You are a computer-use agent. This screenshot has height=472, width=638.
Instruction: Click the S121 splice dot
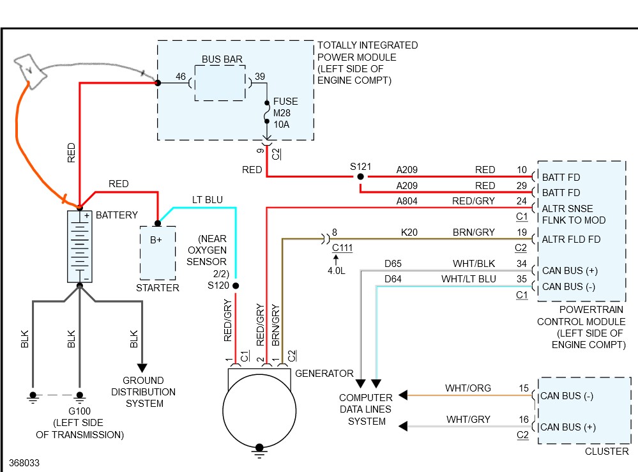coord(360,176)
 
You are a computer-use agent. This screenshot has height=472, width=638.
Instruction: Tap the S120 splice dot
coord(236,285)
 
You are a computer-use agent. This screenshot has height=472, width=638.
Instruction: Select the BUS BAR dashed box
coord(220,83)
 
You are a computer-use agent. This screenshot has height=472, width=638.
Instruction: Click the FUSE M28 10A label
coord(285,112)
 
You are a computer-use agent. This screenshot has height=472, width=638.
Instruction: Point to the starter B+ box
coord(158,253)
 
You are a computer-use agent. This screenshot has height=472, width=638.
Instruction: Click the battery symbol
coord(80,246)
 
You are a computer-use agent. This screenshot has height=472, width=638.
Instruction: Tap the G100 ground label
coord(79,411)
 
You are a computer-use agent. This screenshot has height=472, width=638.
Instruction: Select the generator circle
coord(259,411)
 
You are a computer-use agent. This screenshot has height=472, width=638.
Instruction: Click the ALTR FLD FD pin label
coord(571,240)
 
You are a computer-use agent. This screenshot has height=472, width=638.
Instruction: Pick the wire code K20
coord(409,232)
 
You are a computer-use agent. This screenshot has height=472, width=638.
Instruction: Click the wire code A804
coord(407,201)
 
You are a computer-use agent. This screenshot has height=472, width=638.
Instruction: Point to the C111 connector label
coord(342,248)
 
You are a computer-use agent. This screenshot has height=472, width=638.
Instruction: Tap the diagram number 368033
coord(24,463)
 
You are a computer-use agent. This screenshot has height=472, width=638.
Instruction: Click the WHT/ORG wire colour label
coord(468,388)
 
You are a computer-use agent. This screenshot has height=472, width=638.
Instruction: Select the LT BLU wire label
coord(208,200)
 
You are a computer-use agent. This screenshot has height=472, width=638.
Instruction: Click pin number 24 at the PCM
coord(522,201)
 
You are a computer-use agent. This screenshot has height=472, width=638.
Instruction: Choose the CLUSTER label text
coord(607,452)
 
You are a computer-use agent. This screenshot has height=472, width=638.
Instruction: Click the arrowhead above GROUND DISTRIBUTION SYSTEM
coord(142,368)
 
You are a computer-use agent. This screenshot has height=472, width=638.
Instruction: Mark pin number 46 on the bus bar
coord(181,77)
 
